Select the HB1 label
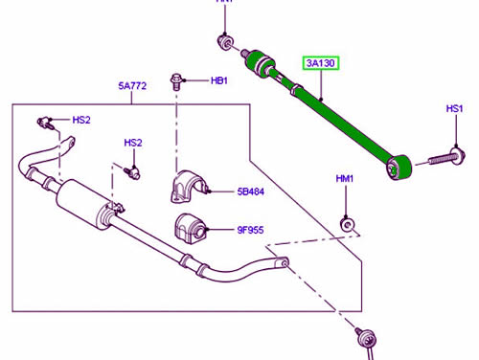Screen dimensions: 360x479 (219, 81)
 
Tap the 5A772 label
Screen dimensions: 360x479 (133, 87)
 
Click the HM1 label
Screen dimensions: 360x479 (345, 179)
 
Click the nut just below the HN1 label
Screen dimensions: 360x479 (223, 41)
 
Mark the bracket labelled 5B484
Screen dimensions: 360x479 (187, 187)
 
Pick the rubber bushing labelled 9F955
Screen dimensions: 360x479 (190, 231)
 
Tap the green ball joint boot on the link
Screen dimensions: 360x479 (260, 62)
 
